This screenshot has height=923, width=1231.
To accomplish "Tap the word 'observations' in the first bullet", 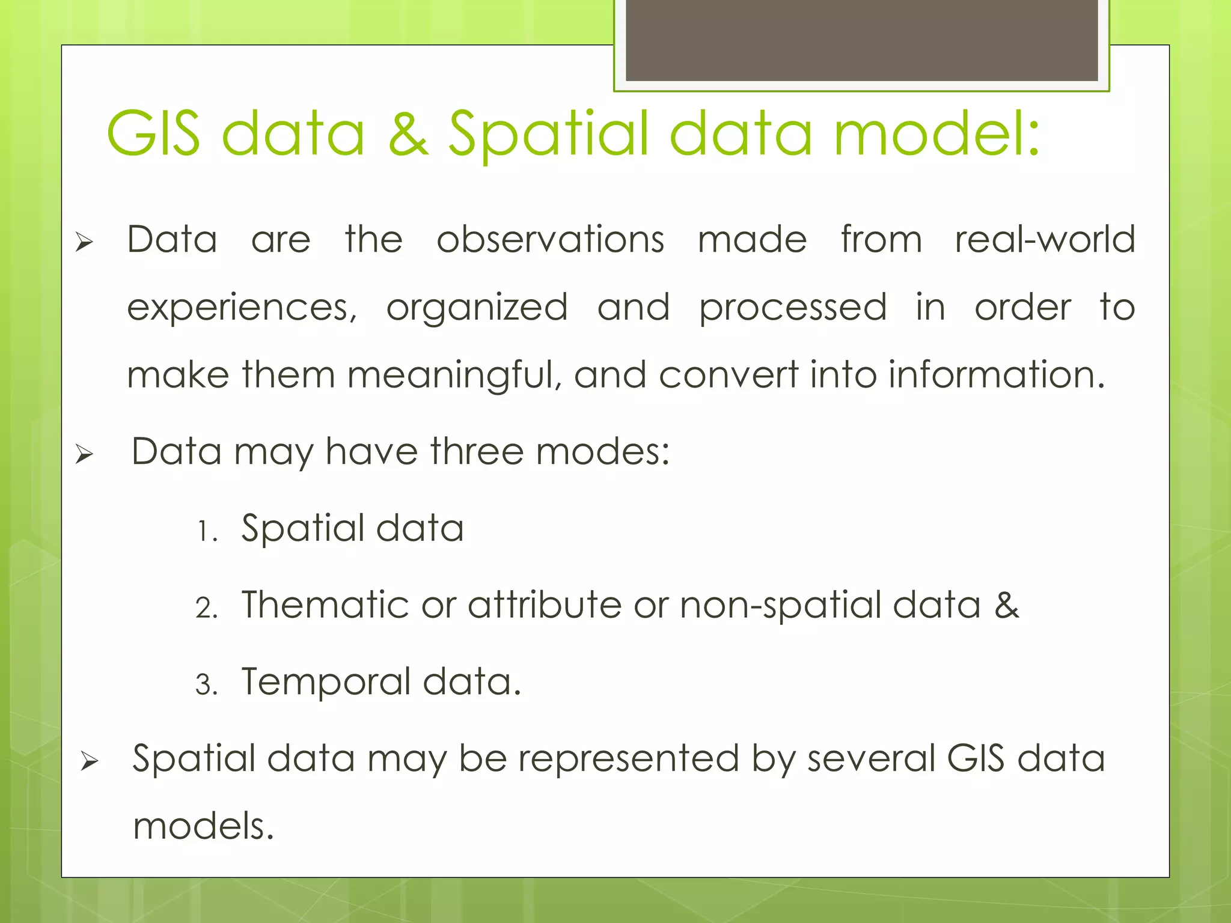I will (x=550, y=239).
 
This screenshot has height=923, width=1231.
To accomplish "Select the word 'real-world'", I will (x=1045, y=239).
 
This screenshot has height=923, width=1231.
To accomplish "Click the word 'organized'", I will (x=477, y=307).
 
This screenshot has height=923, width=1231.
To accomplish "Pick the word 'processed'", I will (x=793, y=308).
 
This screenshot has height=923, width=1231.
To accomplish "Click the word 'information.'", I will (x=997, y=374).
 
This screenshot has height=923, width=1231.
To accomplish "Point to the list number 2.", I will (x=206, y=608).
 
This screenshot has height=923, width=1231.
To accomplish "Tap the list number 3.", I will (x=206, y=685).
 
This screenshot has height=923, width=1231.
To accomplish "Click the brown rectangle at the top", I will (x=861, y=40).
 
